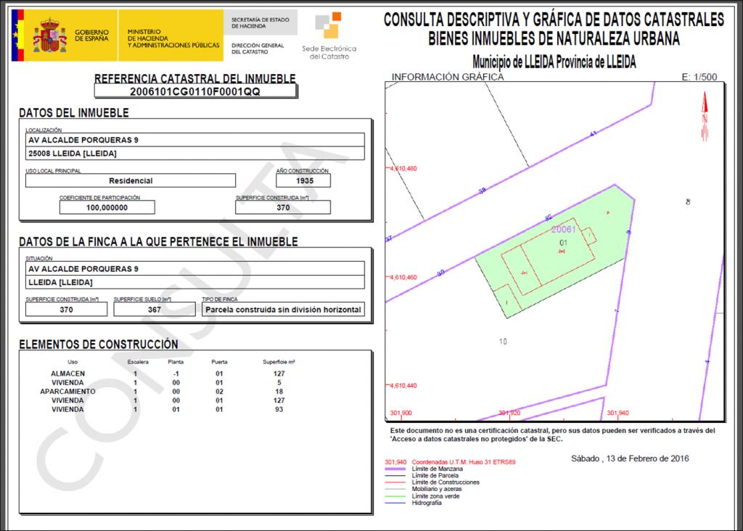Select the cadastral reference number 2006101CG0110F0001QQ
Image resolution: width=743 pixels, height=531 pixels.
(x=194, y=92)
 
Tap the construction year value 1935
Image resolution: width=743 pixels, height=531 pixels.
(x=303, y=181)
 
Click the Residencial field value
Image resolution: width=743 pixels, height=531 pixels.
(x=131, y=181)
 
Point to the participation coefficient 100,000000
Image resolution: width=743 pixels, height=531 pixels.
(x=107, y=207)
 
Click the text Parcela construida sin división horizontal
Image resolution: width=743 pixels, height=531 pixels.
(x=283, y=310)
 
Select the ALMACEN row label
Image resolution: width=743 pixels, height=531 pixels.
(x=67, y=374)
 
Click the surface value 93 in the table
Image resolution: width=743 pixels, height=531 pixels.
(x=279, y=409)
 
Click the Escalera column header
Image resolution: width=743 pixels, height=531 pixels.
(x=137, y=361)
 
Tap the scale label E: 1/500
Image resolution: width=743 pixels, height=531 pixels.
(x=700, y=77)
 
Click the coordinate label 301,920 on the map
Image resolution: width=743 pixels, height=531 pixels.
(x=510, y=413)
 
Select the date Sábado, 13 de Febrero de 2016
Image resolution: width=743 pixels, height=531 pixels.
(x=630, y=458)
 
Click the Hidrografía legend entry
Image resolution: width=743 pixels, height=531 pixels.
(x=426, y=503)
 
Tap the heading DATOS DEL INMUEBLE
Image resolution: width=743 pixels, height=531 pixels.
(x=74, y=113)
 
